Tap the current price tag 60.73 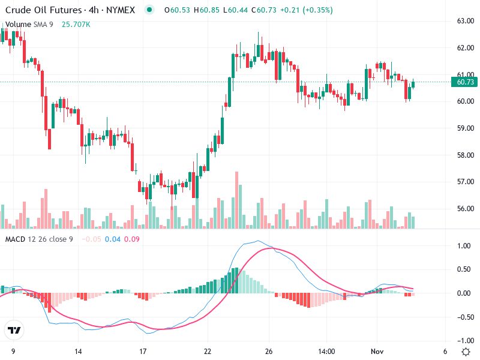coord(465,82)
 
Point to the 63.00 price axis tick coord(466,21)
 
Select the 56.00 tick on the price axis coord(466,209)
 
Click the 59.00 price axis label coord(466,128)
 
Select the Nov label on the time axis coord(376,351)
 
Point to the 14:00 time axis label coord(326,351)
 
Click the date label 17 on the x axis coord(143,351)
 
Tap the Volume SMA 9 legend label coord(29,24)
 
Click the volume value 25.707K coord(76,24)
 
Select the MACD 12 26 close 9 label coord(39,239)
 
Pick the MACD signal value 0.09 coord(133,239)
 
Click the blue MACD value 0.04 coord(112,239)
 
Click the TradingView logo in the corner coord(14,331)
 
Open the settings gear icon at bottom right coord(466,351)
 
